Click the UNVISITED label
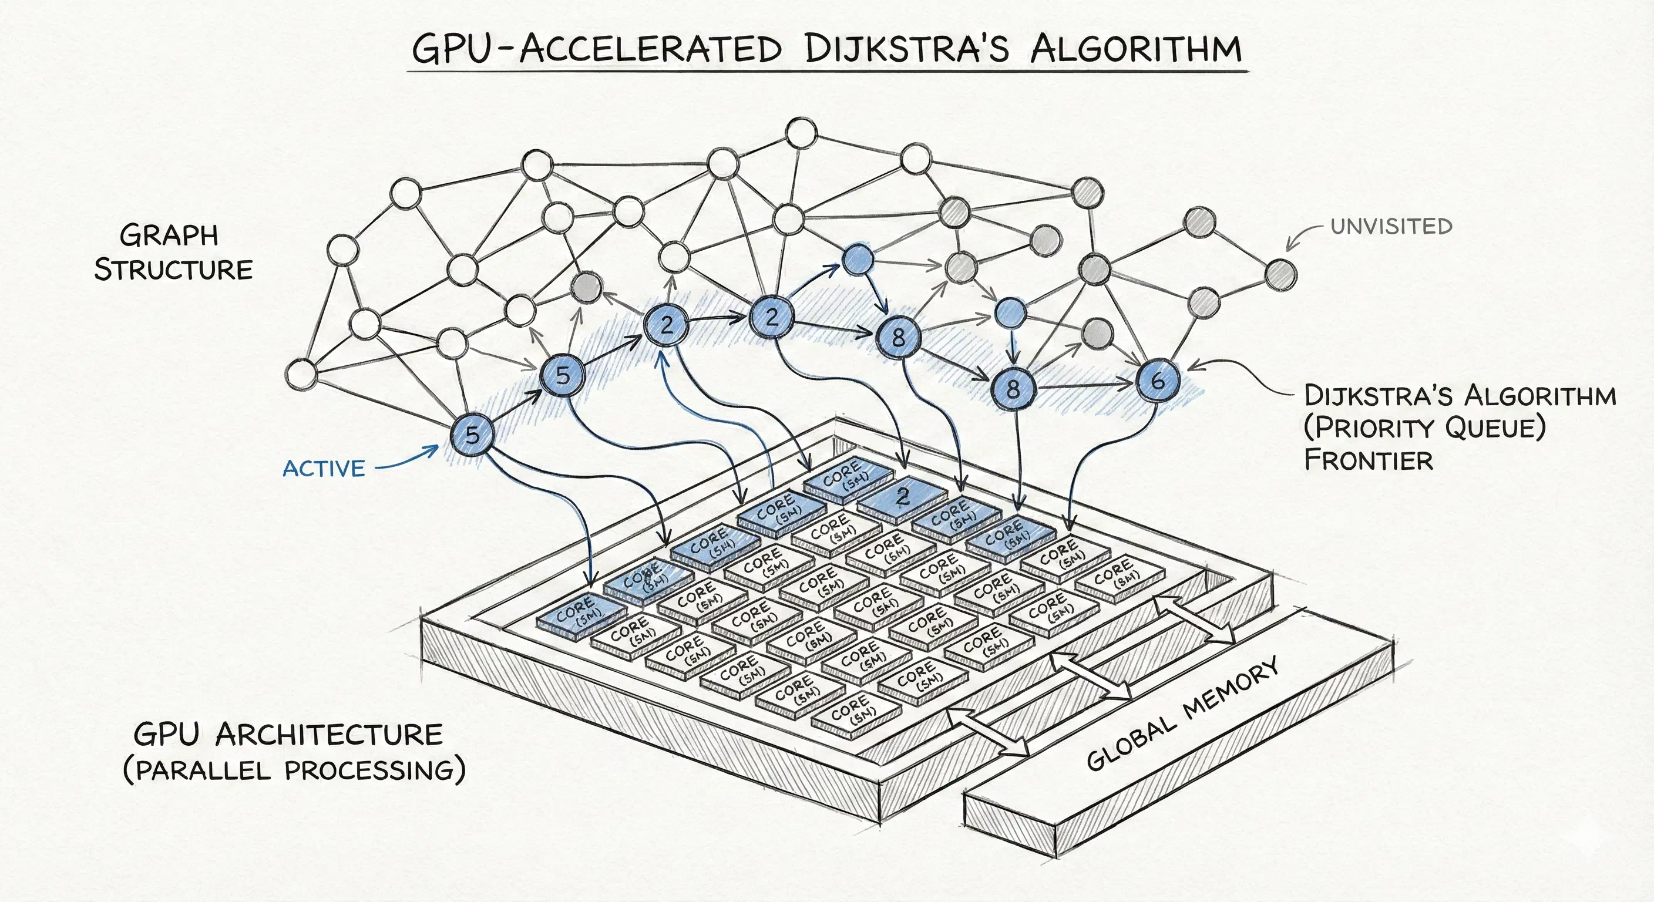tap(1391, 227)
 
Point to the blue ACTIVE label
tap(324, 469)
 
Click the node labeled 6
tap(1158, 381)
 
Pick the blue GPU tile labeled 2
tap(903, 496)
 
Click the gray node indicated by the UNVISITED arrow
tap(1281, 274)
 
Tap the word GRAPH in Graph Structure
tap(169, 235)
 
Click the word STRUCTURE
tap(173, 270)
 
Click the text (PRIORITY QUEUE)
tap(1424, 427)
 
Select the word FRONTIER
tap(1369, 460)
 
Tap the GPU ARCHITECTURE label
tap(288, 735)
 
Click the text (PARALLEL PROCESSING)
tap(294, 770)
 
